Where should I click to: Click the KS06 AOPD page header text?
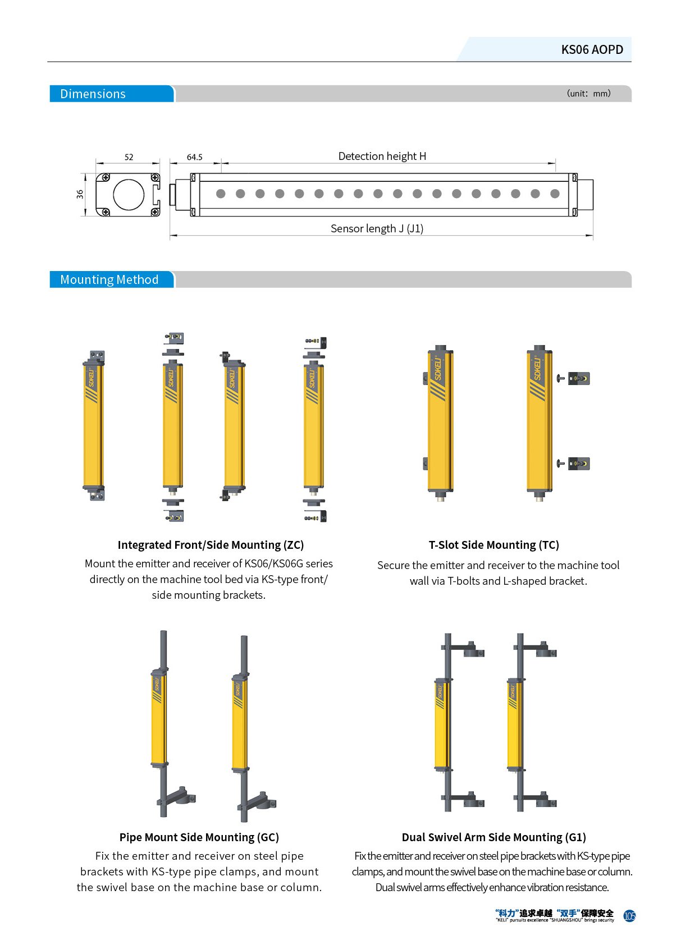[x=592, y=50]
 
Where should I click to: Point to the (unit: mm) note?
[x=588, y=93]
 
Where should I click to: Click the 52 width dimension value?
[x=129, y=157]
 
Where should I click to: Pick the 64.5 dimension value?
[x=195, y=157]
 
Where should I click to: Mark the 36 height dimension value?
[x=80, y=194]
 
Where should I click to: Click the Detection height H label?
[x=382, y=156]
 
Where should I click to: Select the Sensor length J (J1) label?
[x=377, y=228]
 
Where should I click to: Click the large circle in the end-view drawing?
[x=129, y=195]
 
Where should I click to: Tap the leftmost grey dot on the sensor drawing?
[x=221, y=194]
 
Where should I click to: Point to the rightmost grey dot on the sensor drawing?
[x=555, y=194]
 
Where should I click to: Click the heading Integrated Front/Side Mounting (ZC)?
[x=211, y=545]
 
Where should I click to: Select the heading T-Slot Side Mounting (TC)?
[x=493, y=545]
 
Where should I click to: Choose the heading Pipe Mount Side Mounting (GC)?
[x=199, y=837]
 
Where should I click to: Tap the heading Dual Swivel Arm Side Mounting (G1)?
[x=493, y=837]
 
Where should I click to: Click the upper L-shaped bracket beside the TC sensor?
[x=578, y=378]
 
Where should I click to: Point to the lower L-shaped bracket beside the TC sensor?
[x=578, y=464]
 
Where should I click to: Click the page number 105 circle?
[x=629, y=916]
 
